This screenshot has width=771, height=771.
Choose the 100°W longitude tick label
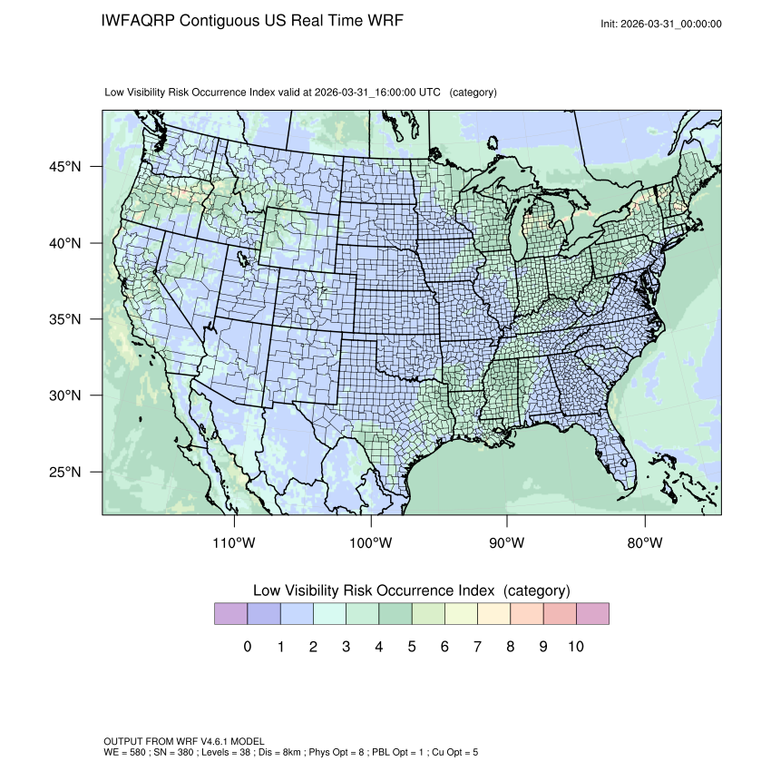pos(370,543)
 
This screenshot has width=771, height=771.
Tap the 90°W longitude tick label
pos(507,543)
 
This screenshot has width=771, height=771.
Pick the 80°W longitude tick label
pos(644,543)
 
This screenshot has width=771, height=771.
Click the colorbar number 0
pos(248,647)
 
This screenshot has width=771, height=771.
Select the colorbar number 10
pos(575,647)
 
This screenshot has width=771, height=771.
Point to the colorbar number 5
pos(412,647)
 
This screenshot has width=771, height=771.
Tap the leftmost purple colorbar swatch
pos(230,614)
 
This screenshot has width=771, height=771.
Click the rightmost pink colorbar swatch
pos(592,614)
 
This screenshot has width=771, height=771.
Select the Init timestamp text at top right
pos(661,24)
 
